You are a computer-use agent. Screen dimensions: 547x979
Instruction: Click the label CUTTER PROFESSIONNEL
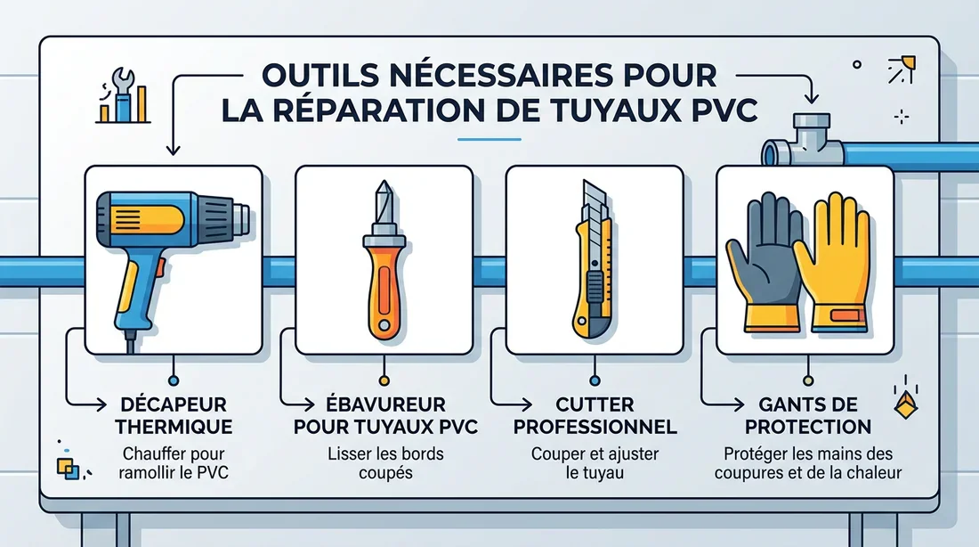[595, 415]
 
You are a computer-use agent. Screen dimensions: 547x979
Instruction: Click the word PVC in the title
[722, 109]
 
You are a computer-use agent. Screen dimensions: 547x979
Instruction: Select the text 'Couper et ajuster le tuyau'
[595, 463]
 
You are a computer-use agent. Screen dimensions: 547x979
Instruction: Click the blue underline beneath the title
[488, 139]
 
